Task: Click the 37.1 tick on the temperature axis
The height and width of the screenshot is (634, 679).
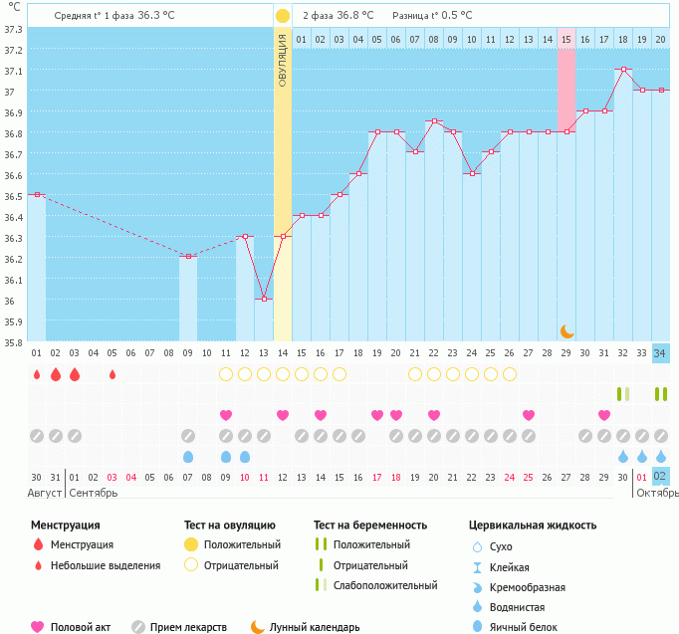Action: (x=12, y=71)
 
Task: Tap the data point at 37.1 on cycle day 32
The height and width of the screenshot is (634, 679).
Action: (x=623, y=70)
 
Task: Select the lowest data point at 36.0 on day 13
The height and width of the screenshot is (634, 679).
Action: (x=264, y=299)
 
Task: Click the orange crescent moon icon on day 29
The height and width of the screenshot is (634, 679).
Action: (x=566, y=331)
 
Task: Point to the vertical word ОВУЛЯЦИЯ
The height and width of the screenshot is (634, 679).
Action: (x=283, y=60)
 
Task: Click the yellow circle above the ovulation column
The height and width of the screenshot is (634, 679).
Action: (x=283, y=16)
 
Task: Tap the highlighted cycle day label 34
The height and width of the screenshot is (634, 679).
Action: (x=661, y=353)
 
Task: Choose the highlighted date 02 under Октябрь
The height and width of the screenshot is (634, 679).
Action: (x=661, y=477)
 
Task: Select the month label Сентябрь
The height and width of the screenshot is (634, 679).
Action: (x=95, y=493)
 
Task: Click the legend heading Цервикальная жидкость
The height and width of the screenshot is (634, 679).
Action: (x=533, y=525)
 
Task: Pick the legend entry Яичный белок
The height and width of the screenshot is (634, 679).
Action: (x=516, y=626)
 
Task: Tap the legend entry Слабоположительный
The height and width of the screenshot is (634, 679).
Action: (x=385, y=585)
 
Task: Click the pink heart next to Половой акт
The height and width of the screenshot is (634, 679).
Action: (x=38, y=627)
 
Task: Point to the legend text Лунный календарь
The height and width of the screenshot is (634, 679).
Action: (x=315, y=627)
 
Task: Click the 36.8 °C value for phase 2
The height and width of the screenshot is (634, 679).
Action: (x=355, y=16)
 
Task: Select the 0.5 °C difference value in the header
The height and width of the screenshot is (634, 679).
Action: (x=456, y=16)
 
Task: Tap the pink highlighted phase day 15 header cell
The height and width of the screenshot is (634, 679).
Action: (x=566, y=39)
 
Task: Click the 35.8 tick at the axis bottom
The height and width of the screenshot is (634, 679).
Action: (x=12, y=342)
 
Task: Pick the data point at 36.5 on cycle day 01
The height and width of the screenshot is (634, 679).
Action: (x=37, y=194)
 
